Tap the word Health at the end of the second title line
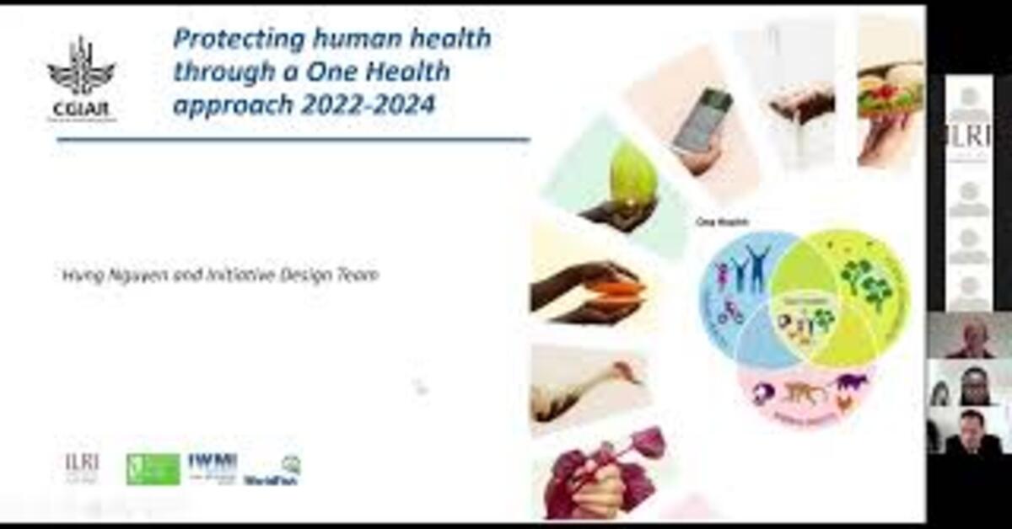tap(412, 72)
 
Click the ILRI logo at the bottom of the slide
tap(82, 468)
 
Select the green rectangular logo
tap(153, 469)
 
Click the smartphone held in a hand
tap(702, 122)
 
